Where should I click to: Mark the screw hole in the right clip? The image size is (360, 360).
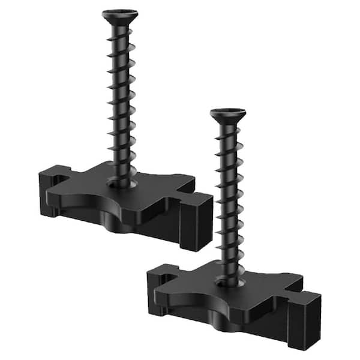(x=230, y=281)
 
